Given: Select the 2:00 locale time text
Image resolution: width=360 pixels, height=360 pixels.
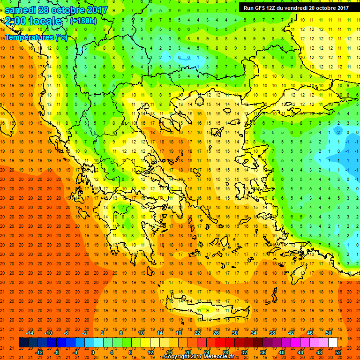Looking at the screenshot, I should click(x=34, y=21).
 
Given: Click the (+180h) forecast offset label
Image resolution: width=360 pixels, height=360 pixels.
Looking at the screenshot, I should click(x=83, y=21).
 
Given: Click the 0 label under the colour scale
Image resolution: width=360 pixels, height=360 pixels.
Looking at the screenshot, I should click(x=93, y=352).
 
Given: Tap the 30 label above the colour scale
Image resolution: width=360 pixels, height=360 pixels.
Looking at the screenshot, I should click(x=234, y=332).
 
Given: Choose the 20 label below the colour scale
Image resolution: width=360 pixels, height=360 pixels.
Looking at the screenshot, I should click(x=187, y=352).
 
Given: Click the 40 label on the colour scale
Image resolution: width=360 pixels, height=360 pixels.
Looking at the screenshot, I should click(x=282, y=352).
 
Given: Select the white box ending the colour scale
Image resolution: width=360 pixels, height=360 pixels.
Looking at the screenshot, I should click(x=332, y=342).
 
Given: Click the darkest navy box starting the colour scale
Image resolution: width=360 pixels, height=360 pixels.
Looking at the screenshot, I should click(x=23, y=342).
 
